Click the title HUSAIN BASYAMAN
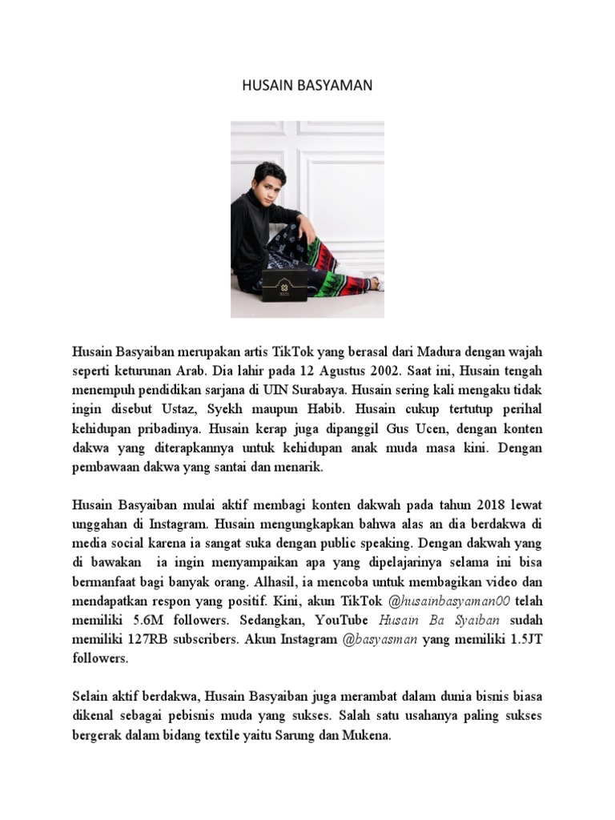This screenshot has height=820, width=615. click(x=307, y=85)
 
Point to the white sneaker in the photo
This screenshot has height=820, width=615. click(x=376, y=282)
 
